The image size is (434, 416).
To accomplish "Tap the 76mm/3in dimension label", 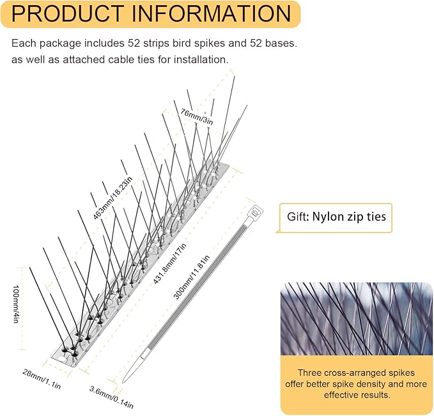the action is (x=197, y=116).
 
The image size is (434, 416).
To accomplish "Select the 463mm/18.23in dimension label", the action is (x=112, y=198).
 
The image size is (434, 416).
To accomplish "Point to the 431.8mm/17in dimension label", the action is (x=169, y=264).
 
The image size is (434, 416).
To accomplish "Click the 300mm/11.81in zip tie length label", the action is (x=191, y=277).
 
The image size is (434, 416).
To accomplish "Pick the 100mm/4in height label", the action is (x=15, y=304).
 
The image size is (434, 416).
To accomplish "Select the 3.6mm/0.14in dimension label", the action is (x=111, y=397).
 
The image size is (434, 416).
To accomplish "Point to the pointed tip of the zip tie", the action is (x=123, y=382).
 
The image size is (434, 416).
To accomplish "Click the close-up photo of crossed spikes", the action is (x=356, y=319).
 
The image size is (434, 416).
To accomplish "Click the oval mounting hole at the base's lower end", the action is (x=63, y=359).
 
